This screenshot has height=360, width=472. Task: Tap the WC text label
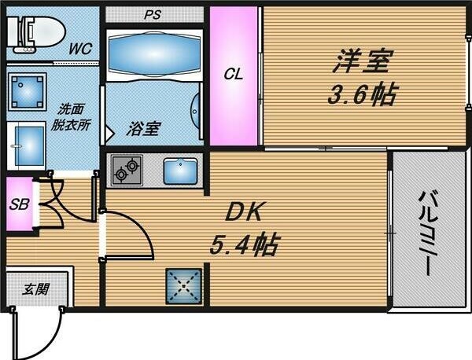point(79,49)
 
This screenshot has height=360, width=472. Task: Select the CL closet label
point(234,75)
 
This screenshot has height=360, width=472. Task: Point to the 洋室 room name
point(361,61)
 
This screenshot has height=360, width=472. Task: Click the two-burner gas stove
point(126,169)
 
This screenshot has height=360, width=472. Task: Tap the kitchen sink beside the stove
point(182,170)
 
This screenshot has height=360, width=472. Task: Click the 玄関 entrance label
point(34,289)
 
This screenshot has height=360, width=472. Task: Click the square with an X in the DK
point(186,287)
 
